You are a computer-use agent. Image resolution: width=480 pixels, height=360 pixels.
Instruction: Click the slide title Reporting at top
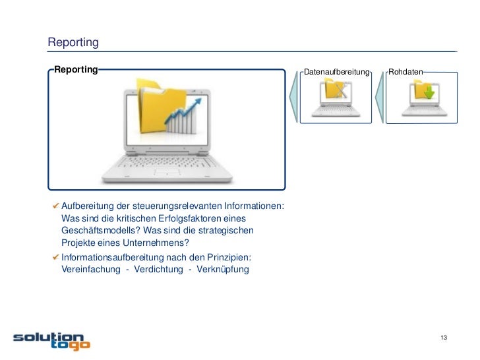click(x=73, y=43)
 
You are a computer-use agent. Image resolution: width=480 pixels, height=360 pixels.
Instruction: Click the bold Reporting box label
click(x=76, y=69)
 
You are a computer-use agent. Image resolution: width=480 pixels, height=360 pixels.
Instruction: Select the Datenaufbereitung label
click(x=337, y=71)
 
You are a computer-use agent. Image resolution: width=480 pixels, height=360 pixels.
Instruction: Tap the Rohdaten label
click(x=405, y=71)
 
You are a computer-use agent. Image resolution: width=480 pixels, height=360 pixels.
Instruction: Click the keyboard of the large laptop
click(x=165, y=165)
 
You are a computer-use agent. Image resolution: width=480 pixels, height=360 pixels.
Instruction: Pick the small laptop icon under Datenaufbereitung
click(x=336, y=97)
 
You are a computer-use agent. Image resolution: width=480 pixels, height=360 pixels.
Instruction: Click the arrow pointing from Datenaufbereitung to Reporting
click(x=293, y=96)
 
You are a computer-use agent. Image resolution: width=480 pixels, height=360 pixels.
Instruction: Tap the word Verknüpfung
click(x=221, y=270)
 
